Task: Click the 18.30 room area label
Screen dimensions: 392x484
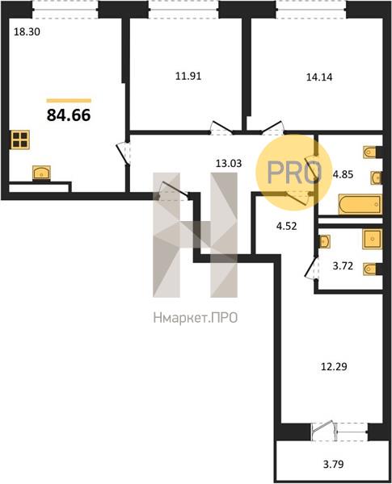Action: (x=27, y=31)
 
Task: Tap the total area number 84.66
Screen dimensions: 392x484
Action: (x=69, y=115)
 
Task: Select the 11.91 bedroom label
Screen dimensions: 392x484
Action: (x=188, y=76)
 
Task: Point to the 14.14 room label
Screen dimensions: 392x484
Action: (x=319, y=77)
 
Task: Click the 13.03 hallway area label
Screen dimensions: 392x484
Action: (x=229, y=163)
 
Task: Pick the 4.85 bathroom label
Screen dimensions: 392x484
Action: (x=343, y=175)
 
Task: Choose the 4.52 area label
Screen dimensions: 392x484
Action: (x=286, y=226)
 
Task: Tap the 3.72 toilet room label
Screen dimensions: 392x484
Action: (x=343, y=265)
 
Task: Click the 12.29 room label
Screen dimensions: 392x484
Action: (x=334, y=367)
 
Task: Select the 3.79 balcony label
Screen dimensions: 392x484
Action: (x=334, y=464)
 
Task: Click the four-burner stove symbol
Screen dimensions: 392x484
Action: (x=21, y=140)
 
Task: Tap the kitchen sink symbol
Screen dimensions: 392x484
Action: (x=41, y=173)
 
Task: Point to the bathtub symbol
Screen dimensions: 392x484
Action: (x=360, y=204)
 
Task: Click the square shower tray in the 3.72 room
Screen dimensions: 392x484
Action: (x=373, y=239)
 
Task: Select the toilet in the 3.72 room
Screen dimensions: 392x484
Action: (x=370, y=269)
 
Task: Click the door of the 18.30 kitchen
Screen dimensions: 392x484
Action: (x=124, y=153)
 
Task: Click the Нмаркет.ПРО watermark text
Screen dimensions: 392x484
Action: (x=196, y=318)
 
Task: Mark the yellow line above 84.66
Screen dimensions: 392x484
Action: (x=69, y=100)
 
